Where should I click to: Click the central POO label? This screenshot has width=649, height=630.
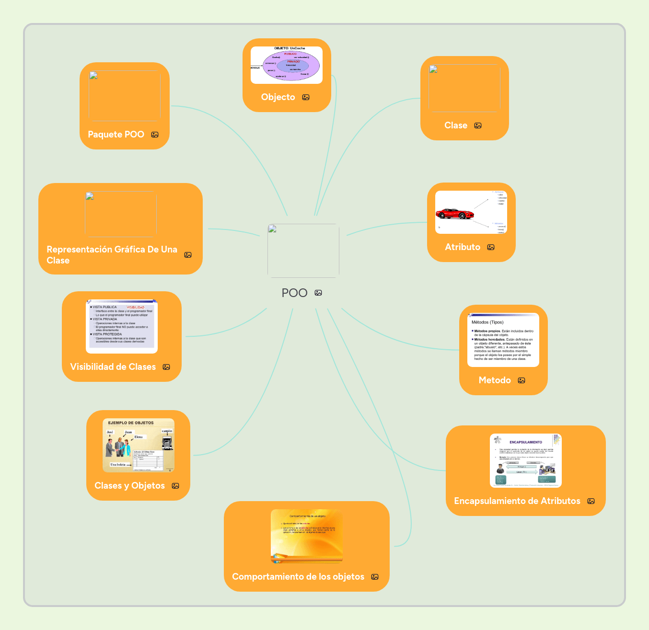point(294,293)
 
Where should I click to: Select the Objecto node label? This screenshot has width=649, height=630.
point(278,97)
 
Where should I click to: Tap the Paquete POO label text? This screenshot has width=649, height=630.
point(116,135)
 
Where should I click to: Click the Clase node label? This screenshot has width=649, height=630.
point(455,126)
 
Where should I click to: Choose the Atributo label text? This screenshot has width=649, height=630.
point(462,247)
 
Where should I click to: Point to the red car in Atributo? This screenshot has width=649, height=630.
point(454,214)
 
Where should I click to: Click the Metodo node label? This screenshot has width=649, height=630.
point(494,380)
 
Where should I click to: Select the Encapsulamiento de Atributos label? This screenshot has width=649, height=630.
point(517,501)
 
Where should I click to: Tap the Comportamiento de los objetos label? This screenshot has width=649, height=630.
point(298,577)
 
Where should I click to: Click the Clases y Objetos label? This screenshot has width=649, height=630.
point(129,486)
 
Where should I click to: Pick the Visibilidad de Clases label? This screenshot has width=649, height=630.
point(113,367)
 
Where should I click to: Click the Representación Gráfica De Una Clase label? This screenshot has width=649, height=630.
point(112,255)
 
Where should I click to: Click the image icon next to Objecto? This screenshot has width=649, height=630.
point(306,97)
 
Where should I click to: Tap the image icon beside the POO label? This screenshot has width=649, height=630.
point(318,293)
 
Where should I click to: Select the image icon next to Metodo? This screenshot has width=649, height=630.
point(522,380)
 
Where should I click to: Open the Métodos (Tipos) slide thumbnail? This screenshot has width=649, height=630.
point(503,340)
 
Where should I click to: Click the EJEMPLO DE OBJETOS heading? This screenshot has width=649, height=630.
point(131,423)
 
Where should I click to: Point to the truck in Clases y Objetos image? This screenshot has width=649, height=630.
point(167,443)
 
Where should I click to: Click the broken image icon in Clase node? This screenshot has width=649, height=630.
point(433,69)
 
